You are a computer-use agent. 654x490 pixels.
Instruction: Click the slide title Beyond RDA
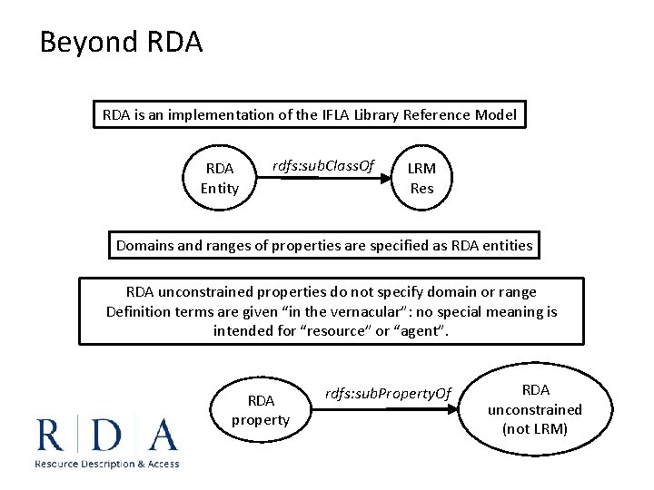pyautogui.click(x=121, y=43)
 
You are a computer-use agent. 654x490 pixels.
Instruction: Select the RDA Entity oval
pyautogui.click(x=220, y=178)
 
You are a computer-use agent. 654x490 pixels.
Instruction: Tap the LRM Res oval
pyautogui.click(x=421, y=178)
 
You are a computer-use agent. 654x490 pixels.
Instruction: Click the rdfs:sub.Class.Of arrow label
pyautogui.click(x=323, y=164)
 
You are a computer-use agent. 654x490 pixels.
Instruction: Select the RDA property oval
pyautogui.click(x=261, y=410)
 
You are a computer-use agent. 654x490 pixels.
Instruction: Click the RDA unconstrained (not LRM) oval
pyautogui.click(x=535, y=408)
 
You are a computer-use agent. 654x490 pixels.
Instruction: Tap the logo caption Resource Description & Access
pyautogui.click(x=106, y=464)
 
